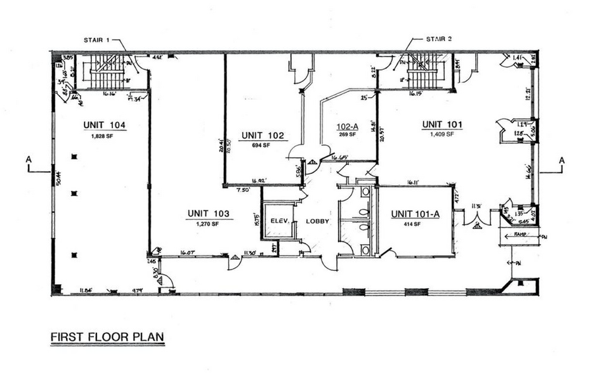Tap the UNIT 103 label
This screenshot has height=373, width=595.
pyautogui.click(x=207, y=213)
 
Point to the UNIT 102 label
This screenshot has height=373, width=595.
pyautogui.click(x=262, y=135)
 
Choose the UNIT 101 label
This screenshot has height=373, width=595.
pyautogui.click(x=442, y=125)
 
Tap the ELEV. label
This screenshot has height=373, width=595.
pyautogui.click(x=280, y=221)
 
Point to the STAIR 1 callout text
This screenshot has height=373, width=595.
pyautogui.click(x=97, y=40)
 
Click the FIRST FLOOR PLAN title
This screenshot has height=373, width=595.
pyautogui.click(x=107, y=336)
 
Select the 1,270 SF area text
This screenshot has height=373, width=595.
pyautogui.click(x=207, y=224)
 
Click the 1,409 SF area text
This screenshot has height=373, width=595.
pyautogui.click(x=442, y=134)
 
